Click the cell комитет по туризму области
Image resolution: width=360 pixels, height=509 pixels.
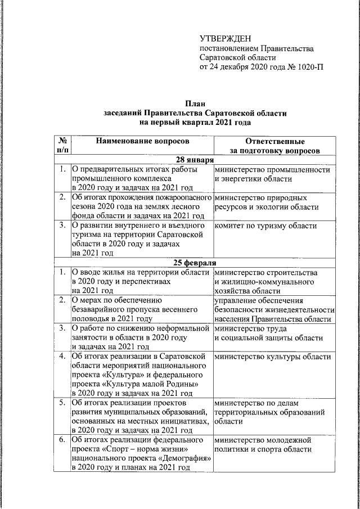coord(265,226)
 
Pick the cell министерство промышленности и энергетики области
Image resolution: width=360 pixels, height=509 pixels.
coord(272,174)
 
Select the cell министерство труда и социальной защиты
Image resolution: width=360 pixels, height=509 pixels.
coord(268,333)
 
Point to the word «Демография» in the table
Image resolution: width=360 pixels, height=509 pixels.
coord(187,458)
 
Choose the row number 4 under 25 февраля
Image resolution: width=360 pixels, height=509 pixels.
coord(61,356)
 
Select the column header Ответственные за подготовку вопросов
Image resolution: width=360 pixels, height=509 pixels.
coord(275,145)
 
